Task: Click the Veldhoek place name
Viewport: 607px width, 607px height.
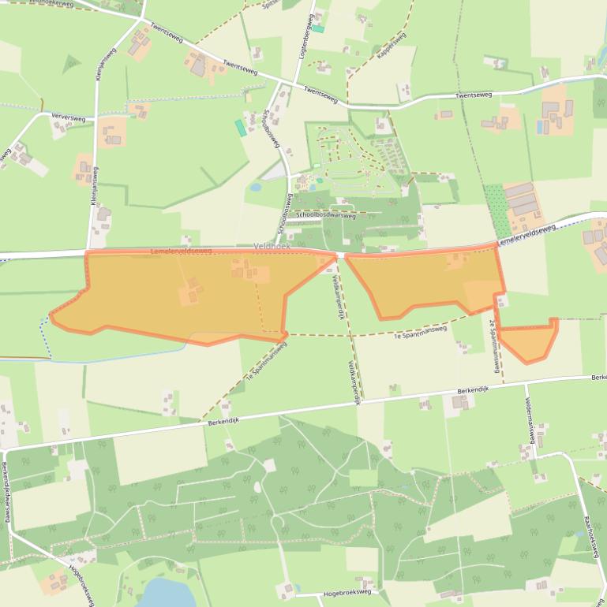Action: (273, 247)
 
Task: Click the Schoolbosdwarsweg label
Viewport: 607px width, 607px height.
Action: (326, 214)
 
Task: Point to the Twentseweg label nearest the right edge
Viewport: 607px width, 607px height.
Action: (474, 95)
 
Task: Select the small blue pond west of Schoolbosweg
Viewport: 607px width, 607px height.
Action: (256, 188)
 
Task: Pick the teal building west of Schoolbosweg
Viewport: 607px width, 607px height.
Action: (240, 127)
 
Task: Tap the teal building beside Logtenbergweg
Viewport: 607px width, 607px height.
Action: (318, 28)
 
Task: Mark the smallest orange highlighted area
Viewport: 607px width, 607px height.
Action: (527, 341)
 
